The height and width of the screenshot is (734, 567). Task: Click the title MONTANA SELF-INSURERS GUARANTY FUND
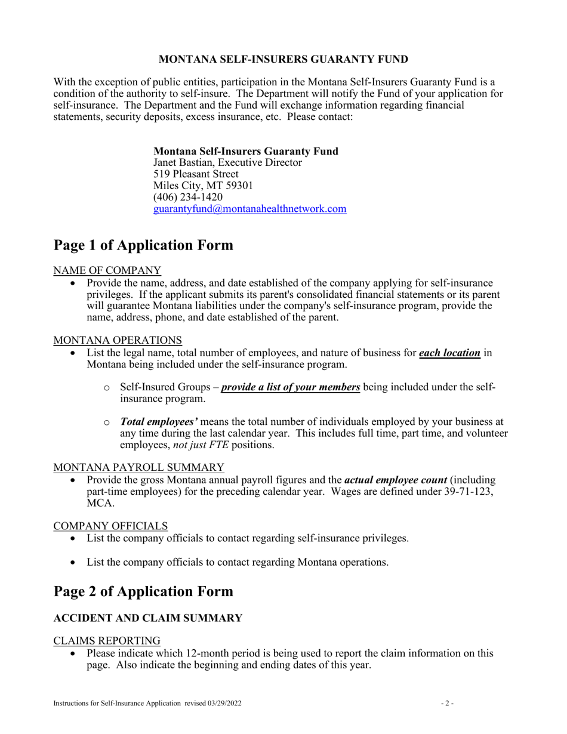(x=283, y=59)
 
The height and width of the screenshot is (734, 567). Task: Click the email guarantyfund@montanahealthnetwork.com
(x=250, y=209)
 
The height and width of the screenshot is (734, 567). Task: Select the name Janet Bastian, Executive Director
(x=227, y=162)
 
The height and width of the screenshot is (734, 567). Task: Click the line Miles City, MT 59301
(x=203, y=186)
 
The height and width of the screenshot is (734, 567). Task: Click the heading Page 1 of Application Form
(x=143, y=245)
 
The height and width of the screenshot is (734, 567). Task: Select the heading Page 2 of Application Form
(x=143, y=591)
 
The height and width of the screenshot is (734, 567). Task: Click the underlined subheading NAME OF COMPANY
(x=107, y=270)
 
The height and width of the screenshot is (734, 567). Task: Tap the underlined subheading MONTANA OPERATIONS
(x=118, y=340)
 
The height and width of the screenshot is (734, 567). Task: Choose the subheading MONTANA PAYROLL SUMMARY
(x=138, y=467)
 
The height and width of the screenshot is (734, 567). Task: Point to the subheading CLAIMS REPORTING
(x=107, y=640)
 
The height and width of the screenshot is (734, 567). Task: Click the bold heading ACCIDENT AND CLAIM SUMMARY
(x=148, y=618)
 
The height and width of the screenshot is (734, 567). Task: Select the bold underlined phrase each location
(x=449, y=353)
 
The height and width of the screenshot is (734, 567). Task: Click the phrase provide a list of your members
(x=290, y=387)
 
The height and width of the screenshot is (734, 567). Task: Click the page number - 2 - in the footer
(x=448, y=704)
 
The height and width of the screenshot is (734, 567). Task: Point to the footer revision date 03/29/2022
(x=225, y=704)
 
